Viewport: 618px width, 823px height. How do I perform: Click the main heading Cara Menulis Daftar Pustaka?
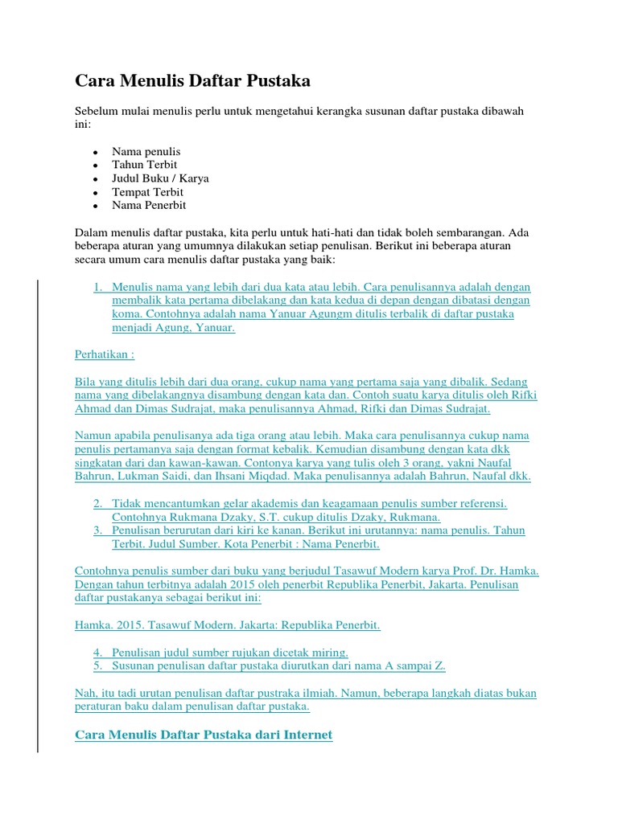pos(192,81)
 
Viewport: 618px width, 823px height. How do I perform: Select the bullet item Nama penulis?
pos(146,151)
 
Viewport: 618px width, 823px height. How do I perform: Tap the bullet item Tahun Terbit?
pos(144,165)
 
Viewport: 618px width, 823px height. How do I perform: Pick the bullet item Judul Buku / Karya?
pos(160,178)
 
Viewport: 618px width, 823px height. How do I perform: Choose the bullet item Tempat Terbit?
pos(147,192)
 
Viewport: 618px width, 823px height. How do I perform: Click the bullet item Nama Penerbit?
pos(149,205)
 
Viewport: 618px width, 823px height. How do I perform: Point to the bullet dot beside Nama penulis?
pos(95,152)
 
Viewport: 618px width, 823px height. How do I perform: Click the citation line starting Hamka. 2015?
pos(228,624)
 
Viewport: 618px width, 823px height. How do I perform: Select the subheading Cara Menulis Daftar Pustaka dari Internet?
pos(204,735)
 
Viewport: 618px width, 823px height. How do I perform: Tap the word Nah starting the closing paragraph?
pos(84,692)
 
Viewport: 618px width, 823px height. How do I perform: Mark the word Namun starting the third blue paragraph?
pos(93,436)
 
